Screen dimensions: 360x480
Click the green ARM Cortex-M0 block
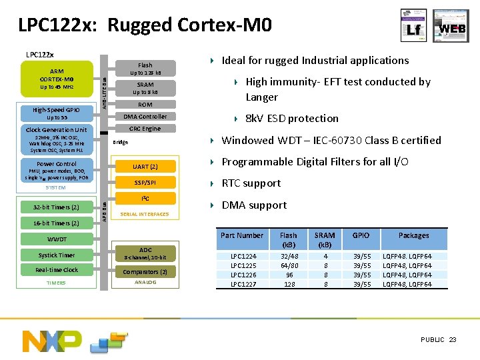pos(57,78)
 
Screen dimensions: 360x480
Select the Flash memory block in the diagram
pos(145,69)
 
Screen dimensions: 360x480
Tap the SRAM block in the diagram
pos(145,88)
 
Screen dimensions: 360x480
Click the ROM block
pos(145,105)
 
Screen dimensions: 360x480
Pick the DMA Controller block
pos(145,117)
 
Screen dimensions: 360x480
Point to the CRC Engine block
pos(145,129)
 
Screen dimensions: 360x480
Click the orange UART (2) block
pos(145,166)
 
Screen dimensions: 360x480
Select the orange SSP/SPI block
pos(145,183)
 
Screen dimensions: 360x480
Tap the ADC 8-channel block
pos(145,254)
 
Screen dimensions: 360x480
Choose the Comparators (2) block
pos(145,272)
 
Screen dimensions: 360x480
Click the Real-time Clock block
pos(57,270)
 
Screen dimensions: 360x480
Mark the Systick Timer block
pos(57,255)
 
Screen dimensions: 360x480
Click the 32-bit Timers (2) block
pos(57,207)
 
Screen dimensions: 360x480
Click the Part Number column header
pos(242,235)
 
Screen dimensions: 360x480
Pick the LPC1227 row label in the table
pos(242,285)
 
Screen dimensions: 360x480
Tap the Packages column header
pos(414,235)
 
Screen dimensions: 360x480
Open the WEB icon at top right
pos(451,26)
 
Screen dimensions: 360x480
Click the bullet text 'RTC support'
pos(251,183)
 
